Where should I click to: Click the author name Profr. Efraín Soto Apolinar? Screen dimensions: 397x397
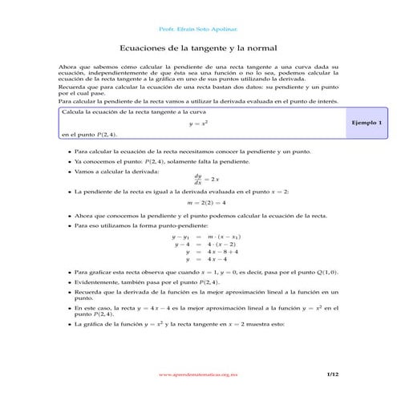197,26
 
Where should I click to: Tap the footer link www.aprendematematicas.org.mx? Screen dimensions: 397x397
197,374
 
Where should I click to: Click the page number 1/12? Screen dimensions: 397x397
334,374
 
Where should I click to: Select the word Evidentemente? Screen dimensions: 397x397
98,283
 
